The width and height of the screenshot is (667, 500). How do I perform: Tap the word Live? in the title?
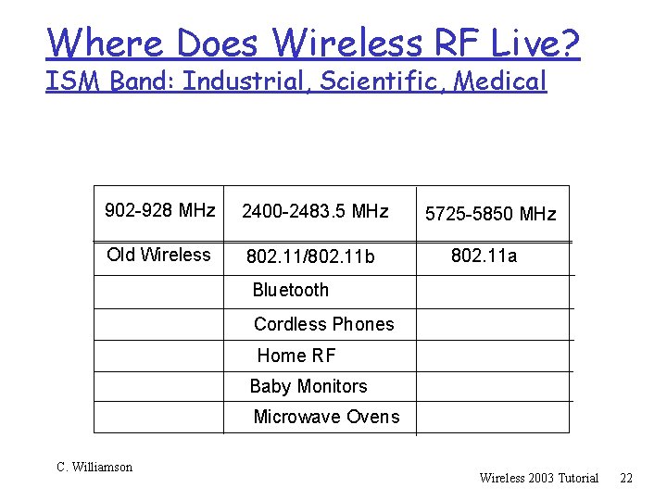(539, 43)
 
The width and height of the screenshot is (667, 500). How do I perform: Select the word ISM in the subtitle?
(74, 81)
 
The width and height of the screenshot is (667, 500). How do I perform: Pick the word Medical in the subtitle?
(504, 81)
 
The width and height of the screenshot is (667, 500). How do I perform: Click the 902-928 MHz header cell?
(160, 211)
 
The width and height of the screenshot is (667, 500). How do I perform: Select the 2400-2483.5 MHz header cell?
(315, 212)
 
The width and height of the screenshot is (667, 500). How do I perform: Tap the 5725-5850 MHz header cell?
(490, 215)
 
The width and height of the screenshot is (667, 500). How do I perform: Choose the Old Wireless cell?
(158, 255)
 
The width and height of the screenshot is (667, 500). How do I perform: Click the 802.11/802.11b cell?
(310, 256)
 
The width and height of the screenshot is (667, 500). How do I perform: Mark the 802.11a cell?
(484, 256)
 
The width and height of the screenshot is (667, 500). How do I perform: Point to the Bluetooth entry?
(291, 290)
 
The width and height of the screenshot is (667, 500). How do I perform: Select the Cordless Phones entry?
(323, 324)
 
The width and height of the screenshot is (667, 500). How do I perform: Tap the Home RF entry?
(296, 356)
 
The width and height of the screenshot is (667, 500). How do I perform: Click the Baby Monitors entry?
(308, 386)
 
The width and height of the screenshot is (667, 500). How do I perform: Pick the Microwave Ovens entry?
(326, 417)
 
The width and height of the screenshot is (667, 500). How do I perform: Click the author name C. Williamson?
(94, 468)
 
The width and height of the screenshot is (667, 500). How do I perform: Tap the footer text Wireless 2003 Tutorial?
(538, 478)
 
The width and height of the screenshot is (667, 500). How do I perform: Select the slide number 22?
(626, 478)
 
